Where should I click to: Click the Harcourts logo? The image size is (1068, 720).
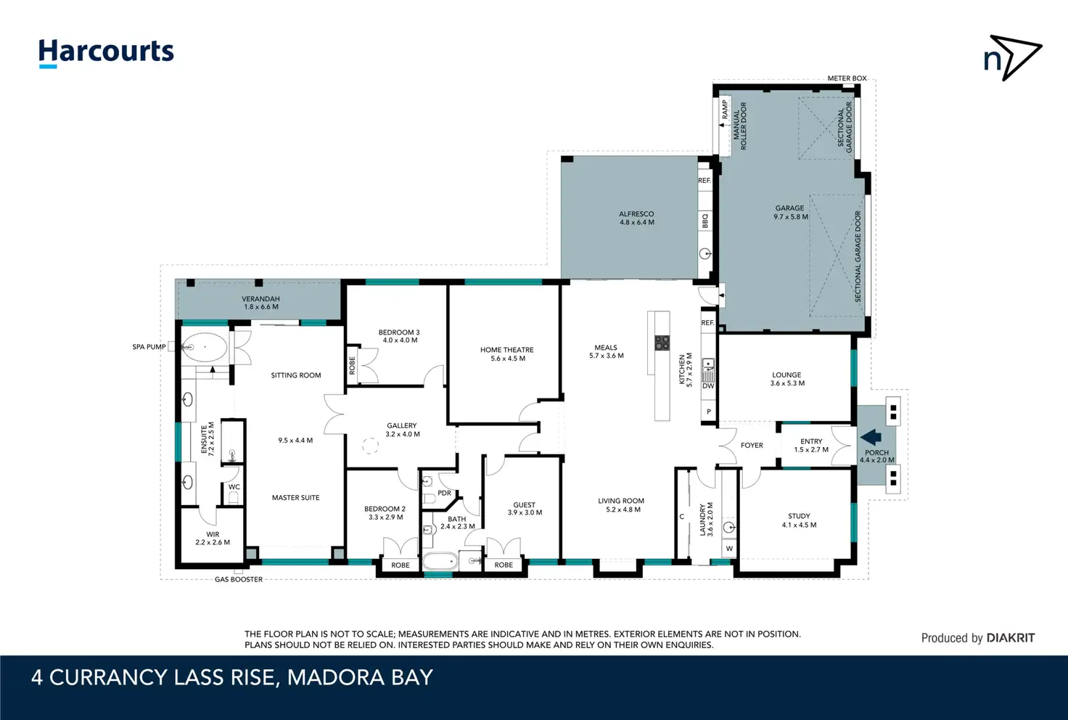point(107,52)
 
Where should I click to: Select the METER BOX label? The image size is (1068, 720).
point(847,78)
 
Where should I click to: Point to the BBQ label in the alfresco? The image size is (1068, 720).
point(705,221)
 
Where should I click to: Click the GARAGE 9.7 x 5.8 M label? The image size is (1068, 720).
point(790,212)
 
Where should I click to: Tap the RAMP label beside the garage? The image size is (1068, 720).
point(725,109)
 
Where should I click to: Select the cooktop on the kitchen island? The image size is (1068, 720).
point(662,343)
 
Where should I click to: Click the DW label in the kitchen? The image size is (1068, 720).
point(708,385)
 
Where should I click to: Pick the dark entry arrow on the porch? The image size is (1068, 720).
point(871,437)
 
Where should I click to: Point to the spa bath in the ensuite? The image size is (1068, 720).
point(205,348)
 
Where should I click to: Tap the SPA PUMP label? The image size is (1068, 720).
point(149,347)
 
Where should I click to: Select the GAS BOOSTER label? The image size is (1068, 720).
point(239,579)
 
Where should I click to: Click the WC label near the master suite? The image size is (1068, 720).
point(234,487)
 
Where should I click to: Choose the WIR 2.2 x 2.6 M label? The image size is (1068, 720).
point(213,539)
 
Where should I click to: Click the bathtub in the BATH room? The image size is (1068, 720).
point(440,562)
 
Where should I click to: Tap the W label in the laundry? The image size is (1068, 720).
point(729,549)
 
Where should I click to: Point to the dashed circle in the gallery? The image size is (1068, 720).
point(370,446)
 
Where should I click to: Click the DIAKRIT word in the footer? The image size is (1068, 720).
point(1011,638)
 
